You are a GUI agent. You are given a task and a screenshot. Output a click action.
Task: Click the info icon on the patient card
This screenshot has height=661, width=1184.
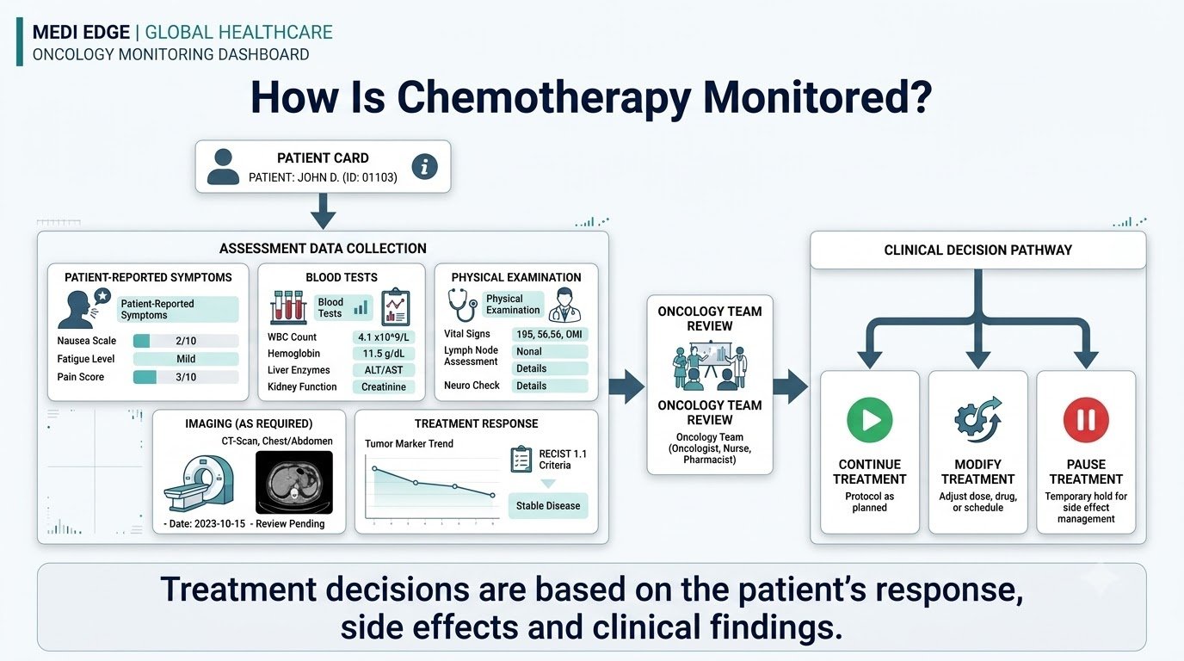click(424, 167)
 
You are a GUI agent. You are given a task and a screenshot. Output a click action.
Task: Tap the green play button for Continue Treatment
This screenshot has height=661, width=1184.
click(869, 420)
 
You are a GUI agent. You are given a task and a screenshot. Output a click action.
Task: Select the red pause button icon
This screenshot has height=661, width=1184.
click(1086, 420)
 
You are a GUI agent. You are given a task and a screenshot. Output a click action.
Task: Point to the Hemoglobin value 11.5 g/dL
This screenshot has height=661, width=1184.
click(384, 353)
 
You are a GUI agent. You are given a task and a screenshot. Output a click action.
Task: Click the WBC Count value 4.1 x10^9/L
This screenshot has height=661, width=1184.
click(384, 337)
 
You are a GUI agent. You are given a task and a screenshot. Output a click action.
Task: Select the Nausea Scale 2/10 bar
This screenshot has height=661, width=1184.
click(186, 341)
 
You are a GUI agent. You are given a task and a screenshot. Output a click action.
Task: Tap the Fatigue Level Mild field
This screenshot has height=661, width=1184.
click(186, 359)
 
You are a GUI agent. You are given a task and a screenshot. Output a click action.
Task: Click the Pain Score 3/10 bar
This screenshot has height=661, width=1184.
click(186, 377)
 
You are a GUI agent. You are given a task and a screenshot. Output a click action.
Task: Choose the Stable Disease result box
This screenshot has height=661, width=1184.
click(548, 505)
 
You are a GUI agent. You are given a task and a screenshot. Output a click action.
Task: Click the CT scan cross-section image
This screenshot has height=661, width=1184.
click(294, 482)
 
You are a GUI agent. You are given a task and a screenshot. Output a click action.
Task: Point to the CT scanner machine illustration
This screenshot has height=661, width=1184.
click(199, 483)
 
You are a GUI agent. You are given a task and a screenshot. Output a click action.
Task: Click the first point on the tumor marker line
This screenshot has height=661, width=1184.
click(375, 468)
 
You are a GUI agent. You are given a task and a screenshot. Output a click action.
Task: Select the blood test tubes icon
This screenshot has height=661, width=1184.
click(288, 306)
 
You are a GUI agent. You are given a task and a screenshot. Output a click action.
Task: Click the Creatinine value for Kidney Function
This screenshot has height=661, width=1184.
click(384, 386)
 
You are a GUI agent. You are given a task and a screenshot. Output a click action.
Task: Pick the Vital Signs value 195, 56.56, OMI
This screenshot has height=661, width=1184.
click(550, 334)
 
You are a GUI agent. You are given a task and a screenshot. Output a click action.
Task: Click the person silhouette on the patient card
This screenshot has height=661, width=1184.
click(223, 167)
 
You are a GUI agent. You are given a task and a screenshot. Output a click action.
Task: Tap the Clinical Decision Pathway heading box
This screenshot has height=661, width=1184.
click(977, 250)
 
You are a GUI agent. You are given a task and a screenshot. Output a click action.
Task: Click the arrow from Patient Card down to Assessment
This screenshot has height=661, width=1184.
click(323, 211)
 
